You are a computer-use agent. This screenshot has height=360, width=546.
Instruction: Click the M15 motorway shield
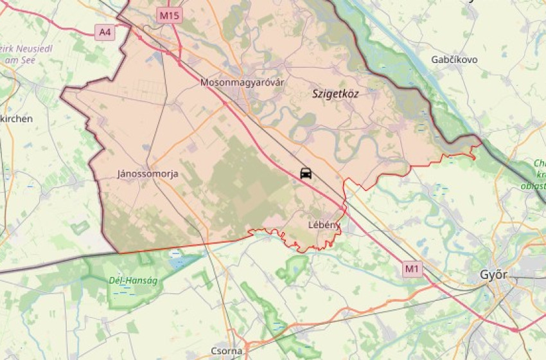170,14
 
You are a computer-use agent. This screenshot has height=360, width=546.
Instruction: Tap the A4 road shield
105,32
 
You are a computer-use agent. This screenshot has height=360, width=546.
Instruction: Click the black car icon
306,173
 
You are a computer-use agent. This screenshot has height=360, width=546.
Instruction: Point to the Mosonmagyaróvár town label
242,82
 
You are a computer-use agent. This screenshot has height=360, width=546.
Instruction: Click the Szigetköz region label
335,94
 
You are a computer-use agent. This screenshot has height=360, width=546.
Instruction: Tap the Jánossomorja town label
148,174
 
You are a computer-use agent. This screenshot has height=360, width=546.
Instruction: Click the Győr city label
494,275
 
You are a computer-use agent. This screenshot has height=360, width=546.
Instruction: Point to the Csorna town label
227,351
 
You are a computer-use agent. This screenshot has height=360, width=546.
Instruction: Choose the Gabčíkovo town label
454,59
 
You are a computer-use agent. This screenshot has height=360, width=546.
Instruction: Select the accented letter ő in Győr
498,275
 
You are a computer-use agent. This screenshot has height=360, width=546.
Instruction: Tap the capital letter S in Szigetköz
315,94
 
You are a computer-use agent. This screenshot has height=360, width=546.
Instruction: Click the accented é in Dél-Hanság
118,280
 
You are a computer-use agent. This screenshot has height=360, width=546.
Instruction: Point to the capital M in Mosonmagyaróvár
204,82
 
